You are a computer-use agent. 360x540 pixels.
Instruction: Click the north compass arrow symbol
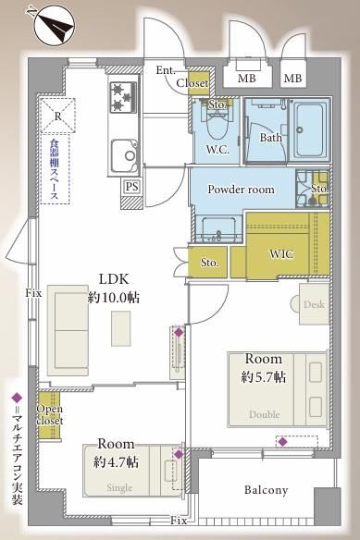(56, 26)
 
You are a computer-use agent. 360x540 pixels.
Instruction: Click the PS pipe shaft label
(131, 187)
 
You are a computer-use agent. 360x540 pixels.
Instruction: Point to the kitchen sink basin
(125, 155)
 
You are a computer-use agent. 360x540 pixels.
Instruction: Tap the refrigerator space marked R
(57, 116)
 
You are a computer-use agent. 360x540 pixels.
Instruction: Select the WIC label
(281, 254)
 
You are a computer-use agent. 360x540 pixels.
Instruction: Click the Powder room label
(241, 189)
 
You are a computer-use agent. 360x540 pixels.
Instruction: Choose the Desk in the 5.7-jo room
(314, 303)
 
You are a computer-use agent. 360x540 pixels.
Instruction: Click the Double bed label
(264, 414)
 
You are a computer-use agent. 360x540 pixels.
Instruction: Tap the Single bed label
(119, 487)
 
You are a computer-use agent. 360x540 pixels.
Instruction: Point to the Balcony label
(266, 490)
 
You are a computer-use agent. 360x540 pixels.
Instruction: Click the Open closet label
(50, 414)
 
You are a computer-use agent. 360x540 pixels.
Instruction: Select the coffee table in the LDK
(120, 328)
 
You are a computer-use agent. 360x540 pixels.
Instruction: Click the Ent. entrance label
(166, 70)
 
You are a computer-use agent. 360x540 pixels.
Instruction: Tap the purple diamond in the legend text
(17, 398)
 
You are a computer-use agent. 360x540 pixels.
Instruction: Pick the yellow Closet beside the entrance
(199, 84)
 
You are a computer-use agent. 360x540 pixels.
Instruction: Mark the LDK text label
(114, 279)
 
